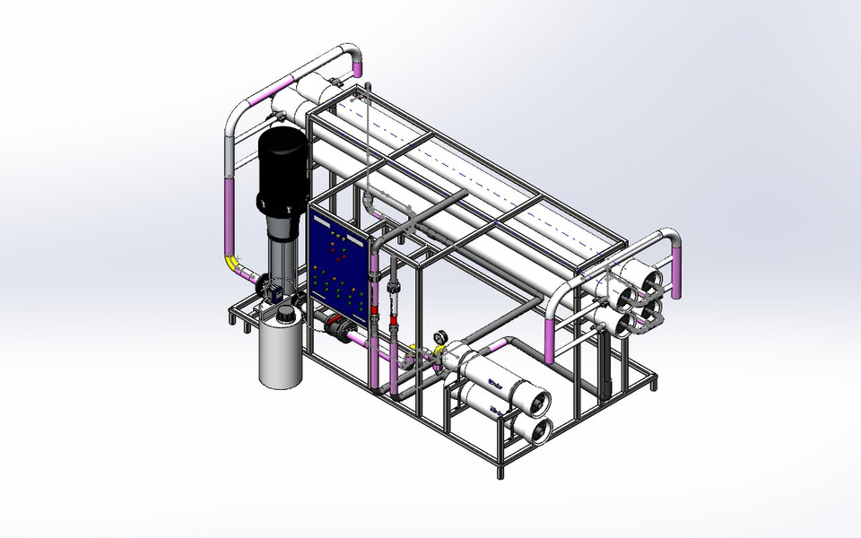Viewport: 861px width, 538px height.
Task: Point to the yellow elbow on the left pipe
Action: tap(235, 263)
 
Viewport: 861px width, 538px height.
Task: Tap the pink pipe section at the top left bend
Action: tap(285, 86)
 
